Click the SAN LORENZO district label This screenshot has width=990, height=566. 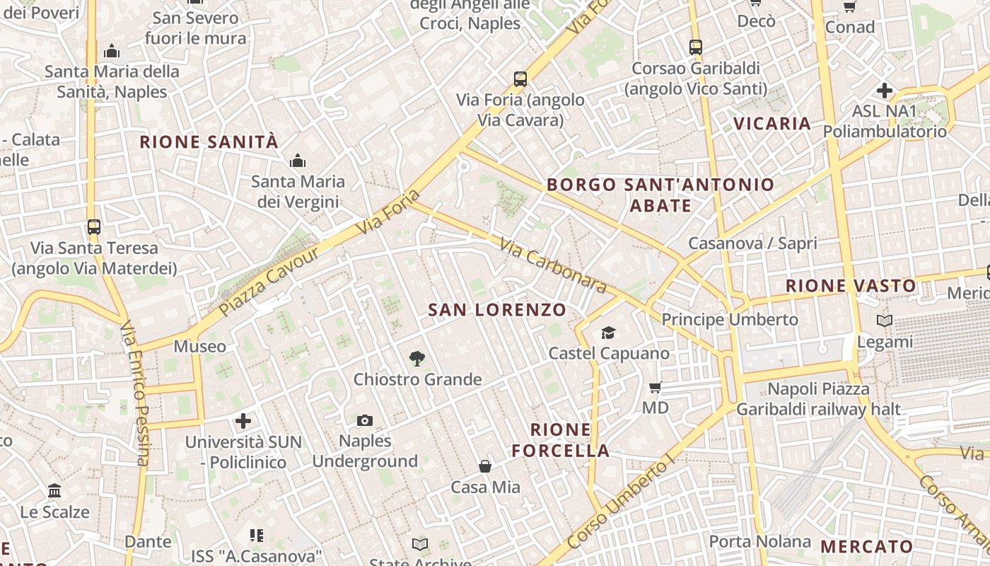pyautogui.click(x=497, y=310)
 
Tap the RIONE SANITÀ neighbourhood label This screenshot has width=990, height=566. pyautogui.click(x=209, y=142)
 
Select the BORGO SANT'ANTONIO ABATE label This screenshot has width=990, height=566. pyautogui.click(x=660, y=195)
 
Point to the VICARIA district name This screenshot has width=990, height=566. pyautogui.click(x=771, y=124)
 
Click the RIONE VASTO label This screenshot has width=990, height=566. pyautogui.click(x=851, y=286)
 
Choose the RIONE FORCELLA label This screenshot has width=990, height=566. pyautogui.click(x=561, y=440)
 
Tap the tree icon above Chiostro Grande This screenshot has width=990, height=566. pyautogui.click(x=417, y=359)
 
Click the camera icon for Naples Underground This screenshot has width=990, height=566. pyautogui.click(x=364, y=421)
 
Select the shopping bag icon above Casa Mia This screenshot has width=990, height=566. pyautogui.click(x=485, y=466)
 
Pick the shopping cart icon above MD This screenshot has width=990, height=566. pyautogui.click(x=656, y=387)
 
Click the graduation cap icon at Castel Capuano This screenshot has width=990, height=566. pyautogui.click(x=608, y=333)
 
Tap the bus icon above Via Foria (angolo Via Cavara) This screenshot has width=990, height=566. pyautogui.click(x=520, y=79)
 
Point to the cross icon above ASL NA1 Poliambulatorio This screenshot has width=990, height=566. pyautogui.click(x=884, y=91)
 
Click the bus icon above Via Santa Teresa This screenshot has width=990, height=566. pyautogui.click(x=94, y=227)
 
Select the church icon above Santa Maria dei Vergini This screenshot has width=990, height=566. pyautogui.click(x=298, y=161)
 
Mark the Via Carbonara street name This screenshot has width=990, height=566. pyautogui.click(x=553, y=266)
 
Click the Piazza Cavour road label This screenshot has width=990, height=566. pyautogui.click(x=260, y=283)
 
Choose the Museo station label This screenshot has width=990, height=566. pyautogui.click(x=200, y=347)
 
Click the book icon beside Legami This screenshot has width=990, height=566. pyautogui.click(x=884, y=321)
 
